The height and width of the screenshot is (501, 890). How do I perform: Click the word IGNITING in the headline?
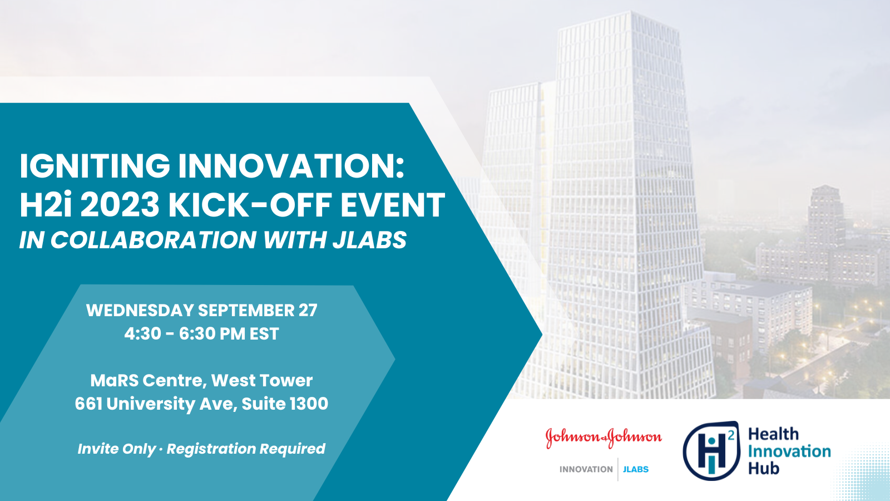coord(95,166)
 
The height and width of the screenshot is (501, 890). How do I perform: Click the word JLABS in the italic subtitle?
coord(369,240)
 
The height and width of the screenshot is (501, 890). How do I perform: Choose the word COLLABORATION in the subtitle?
coord(154,240)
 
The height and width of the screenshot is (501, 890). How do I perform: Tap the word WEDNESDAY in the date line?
coord(140,310)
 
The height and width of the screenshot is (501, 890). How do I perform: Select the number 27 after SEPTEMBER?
coord(308,310)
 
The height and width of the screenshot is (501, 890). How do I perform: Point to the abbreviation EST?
coord(264,333)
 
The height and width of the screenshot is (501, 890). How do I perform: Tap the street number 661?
coord(88,404)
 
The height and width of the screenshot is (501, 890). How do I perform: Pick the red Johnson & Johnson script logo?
coord(604,438)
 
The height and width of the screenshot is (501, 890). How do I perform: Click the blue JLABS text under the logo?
coord(636,470)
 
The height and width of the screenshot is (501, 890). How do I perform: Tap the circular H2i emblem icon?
coord(711,451)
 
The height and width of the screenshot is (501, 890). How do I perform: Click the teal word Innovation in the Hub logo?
coord(789,451)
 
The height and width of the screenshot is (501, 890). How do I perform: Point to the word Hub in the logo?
coord(764,468)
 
